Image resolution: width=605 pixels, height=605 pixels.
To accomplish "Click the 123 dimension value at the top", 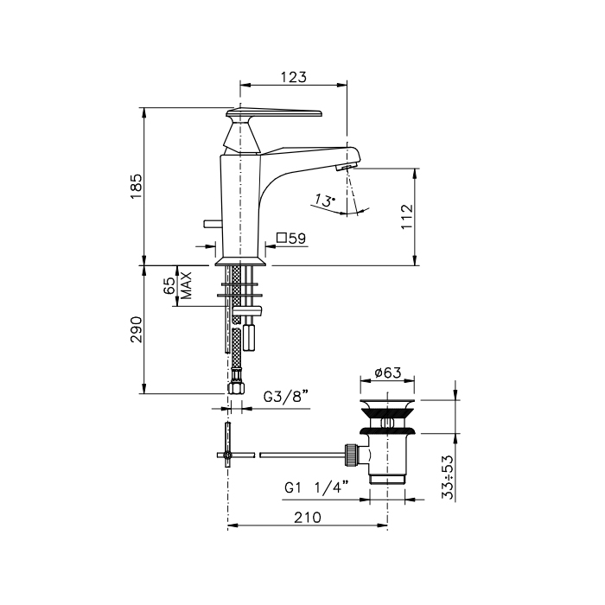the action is tap(294, 77).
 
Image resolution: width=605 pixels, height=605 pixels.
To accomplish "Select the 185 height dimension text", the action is tap(137, 187).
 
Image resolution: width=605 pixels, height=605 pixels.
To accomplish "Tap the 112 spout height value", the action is tap(407, 216).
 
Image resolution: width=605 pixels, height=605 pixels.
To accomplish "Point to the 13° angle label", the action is tap(324, 201).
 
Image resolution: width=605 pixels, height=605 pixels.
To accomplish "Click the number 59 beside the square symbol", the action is tap(297, 239).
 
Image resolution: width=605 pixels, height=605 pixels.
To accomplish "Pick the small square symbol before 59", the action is tap(282, 238).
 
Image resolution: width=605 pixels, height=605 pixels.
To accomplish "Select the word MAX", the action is tap(186, 285).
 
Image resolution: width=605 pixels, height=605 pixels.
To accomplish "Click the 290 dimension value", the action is tap(137, 329).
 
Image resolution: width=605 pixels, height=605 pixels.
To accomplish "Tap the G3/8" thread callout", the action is tap(286, 397).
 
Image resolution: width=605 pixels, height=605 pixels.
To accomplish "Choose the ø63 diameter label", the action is tap(388, 373).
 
